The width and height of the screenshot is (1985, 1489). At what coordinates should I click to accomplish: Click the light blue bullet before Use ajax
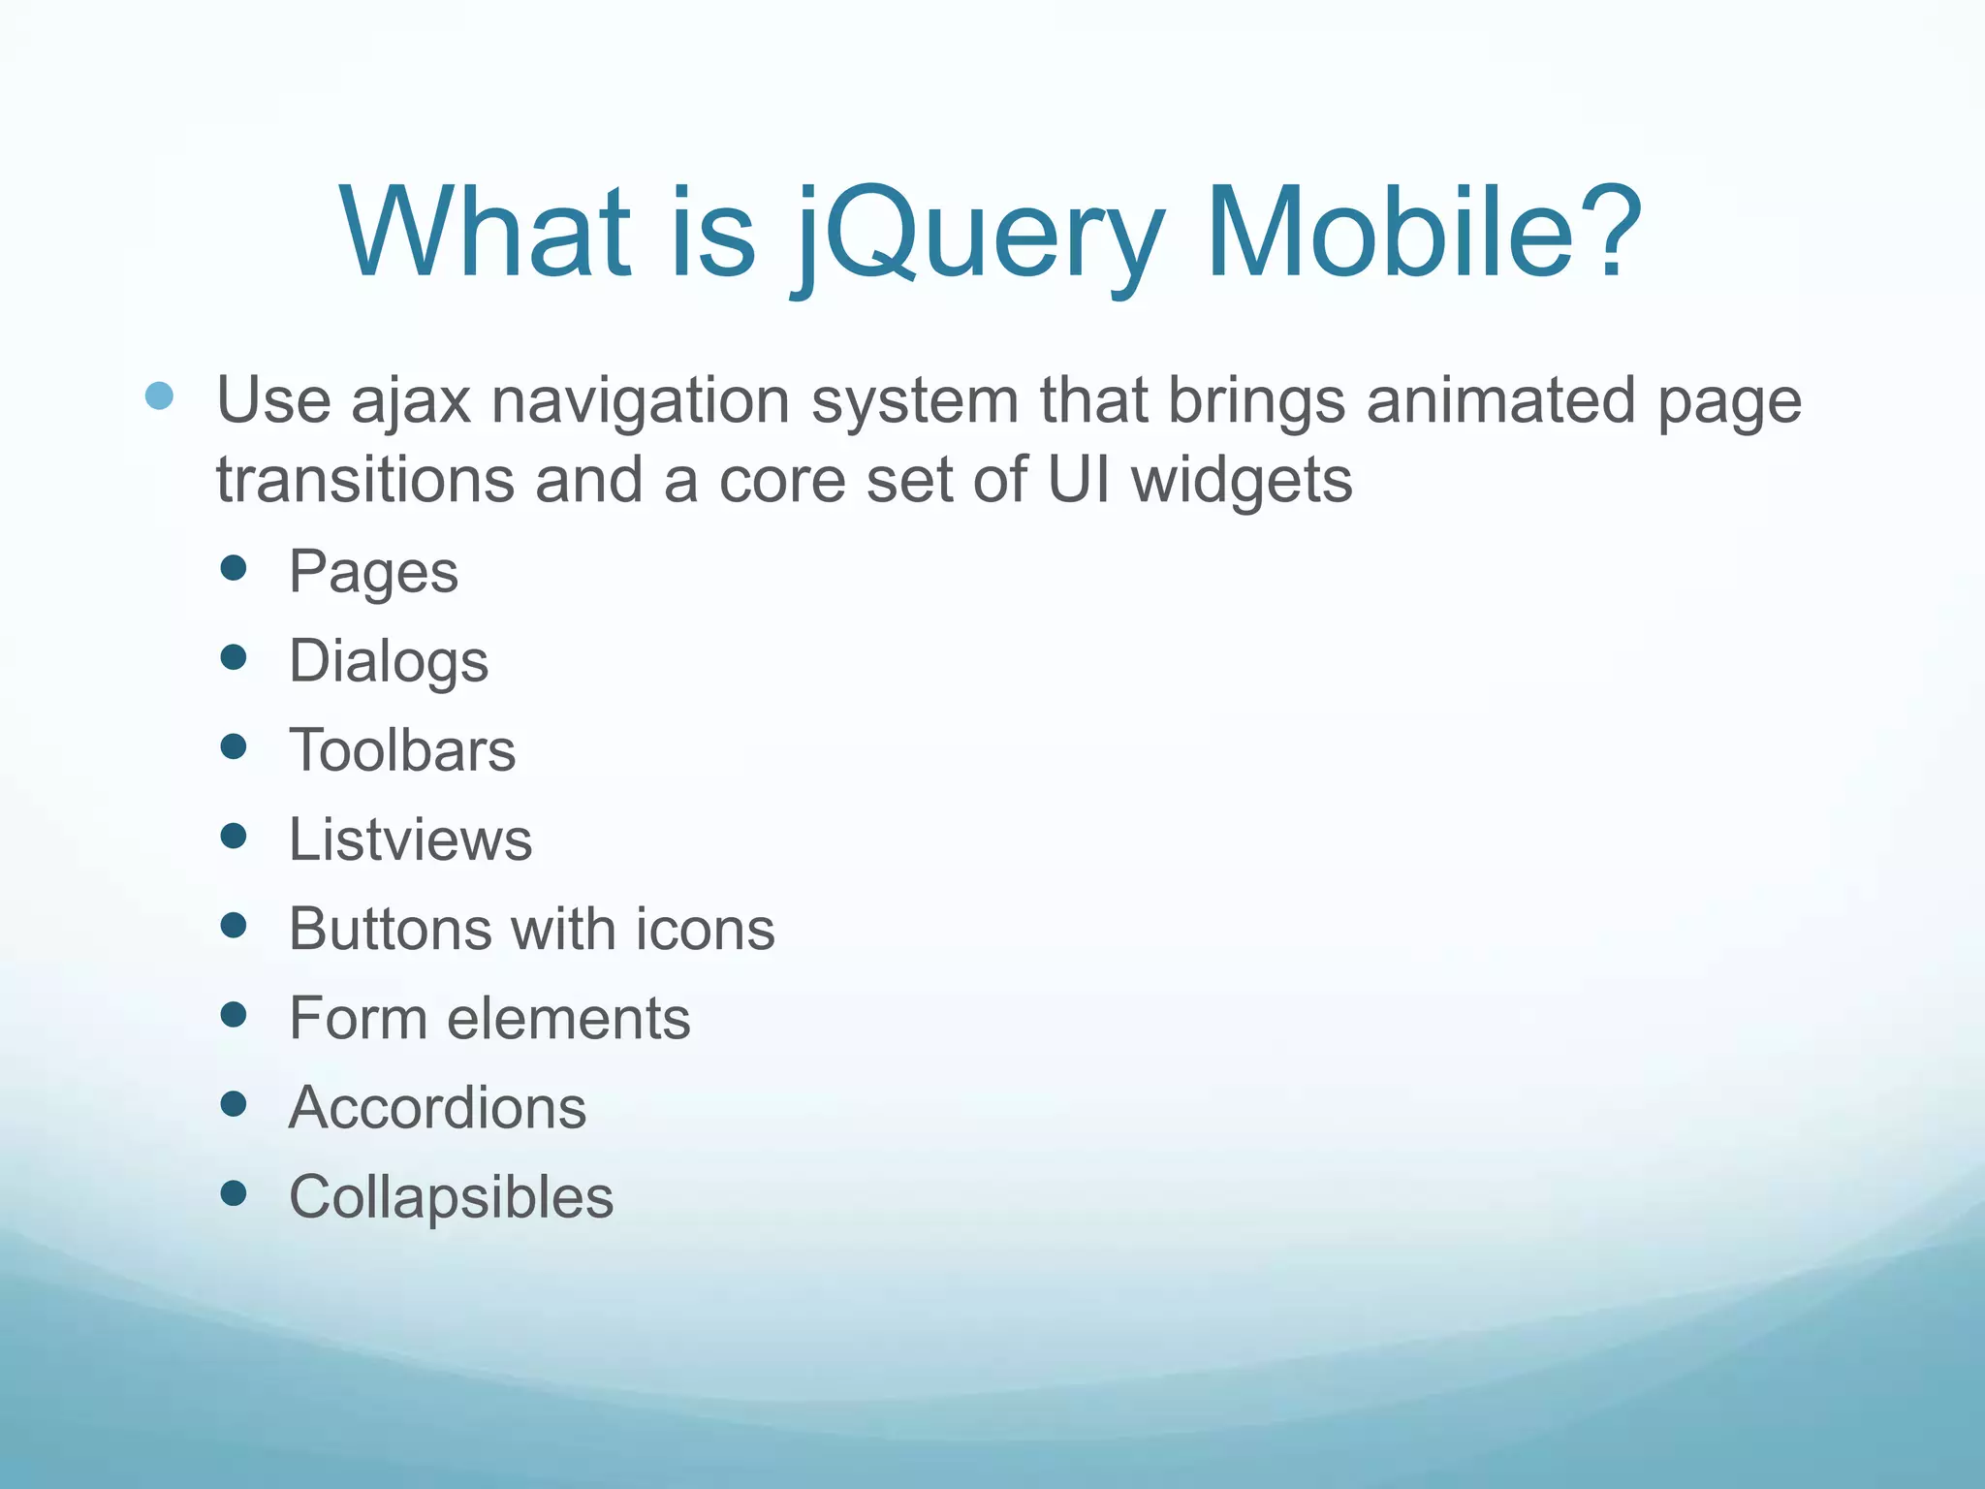159,396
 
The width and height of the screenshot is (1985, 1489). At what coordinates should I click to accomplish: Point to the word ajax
410,400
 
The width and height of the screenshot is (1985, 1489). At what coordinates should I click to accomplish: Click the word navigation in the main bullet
641,400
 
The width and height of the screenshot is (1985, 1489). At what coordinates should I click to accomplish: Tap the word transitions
364,480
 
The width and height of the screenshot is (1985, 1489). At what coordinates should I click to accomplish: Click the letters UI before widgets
1078,480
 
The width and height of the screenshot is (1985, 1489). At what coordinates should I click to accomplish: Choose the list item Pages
373,572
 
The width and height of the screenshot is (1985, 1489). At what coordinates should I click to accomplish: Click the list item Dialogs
389,662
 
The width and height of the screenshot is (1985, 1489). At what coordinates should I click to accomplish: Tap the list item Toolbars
402,750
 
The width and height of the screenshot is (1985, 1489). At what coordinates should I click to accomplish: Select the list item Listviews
410,840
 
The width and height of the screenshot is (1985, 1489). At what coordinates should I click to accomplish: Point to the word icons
705,929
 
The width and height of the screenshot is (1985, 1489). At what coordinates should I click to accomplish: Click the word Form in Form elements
358,1018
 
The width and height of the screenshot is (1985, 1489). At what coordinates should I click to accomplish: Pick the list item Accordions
437,1107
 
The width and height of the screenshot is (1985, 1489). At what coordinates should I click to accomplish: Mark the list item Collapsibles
451,1197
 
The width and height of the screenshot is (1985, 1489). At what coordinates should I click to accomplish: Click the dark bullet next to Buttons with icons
234,925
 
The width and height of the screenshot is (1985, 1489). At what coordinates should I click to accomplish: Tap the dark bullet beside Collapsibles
234,1192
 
